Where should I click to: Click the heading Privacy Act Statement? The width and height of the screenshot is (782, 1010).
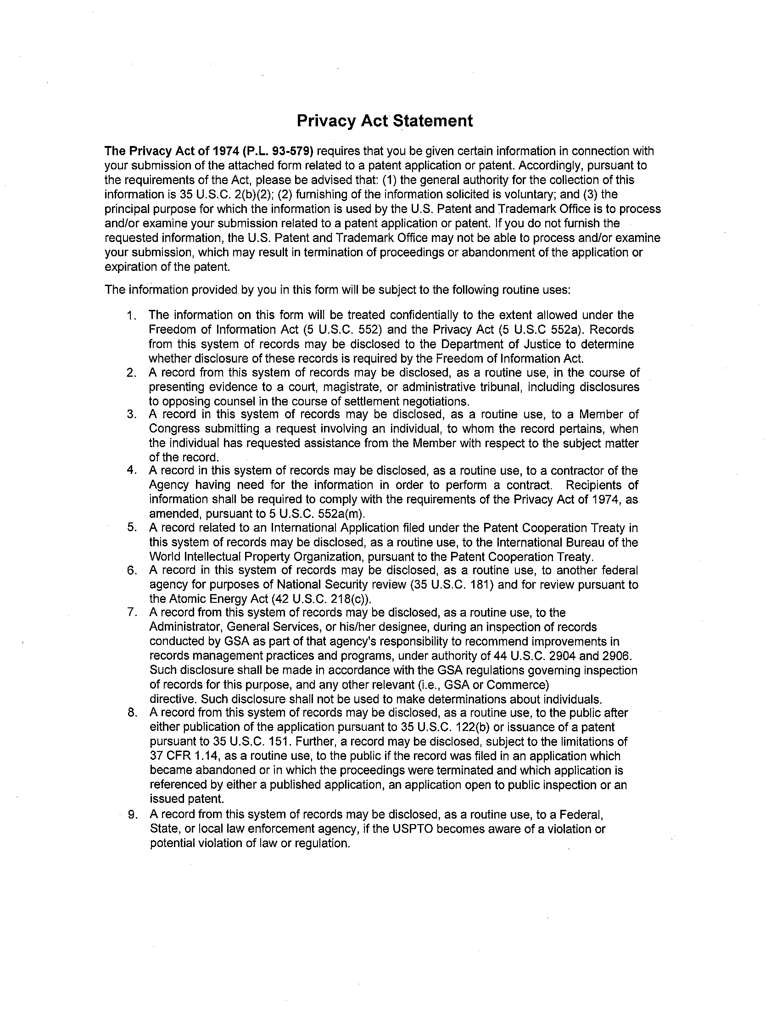(385, 121)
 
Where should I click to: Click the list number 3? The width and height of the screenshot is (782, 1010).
(131, 415)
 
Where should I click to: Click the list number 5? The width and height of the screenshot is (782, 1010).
(131, 527)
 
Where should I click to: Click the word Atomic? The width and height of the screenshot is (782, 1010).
(185, 599)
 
